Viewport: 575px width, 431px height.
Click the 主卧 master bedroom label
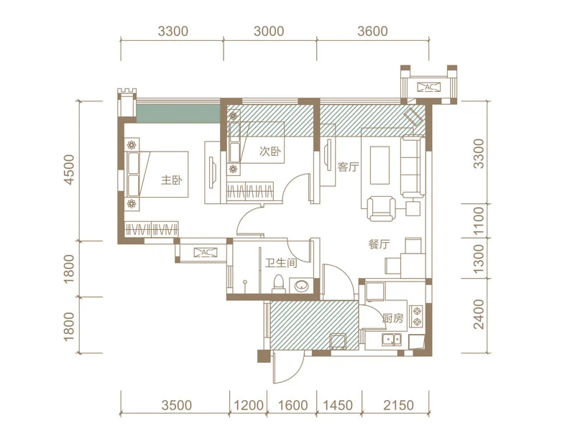172,180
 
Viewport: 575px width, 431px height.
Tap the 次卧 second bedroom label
270,151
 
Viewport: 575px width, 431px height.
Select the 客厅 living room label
349,167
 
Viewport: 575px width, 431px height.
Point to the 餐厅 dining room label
379,244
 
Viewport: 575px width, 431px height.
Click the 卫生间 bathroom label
281,263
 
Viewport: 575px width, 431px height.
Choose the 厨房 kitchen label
392,318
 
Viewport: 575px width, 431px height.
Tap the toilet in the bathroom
279,284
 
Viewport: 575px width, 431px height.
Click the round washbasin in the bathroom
302,286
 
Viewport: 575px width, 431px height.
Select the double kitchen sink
392,340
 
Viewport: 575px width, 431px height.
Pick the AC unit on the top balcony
429,87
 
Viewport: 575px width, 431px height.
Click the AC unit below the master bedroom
206,252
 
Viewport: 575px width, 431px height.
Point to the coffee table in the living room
379,165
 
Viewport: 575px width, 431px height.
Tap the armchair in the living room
381,209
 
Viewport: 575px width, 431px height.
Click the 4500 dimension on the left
69,170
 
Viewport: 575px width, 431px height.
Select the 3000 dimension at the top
269,31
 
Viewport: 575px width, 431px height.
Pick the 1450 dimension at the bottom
338,405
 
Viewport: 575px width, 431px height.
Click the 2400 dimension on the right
479,314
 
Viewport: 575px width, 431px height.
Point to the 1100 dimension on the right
479,221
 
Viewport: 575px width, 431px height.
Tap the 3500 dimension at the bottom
177,405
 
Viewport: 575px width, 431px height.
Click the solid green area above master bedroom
178,114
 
